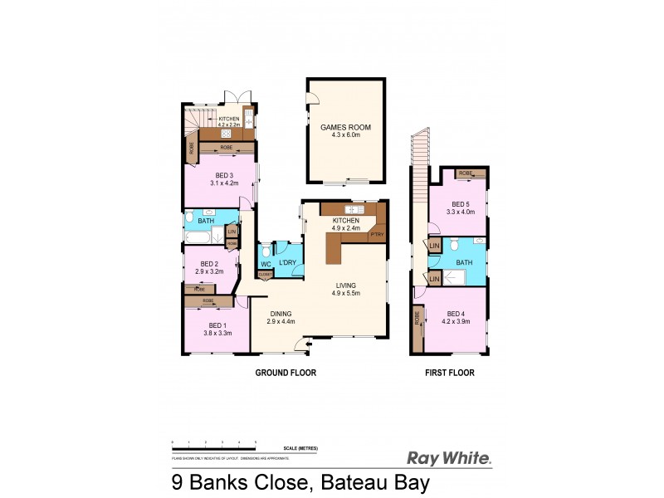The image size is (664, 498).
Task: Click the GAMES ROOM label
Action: [x=344, y=127]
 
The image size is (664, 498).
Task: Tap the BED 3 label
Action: [x=218, y=175]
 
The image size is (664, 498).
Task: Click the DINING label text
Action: [x=280, y=313]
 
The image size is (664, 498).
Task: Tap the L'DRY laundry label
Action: [x=287, y=263]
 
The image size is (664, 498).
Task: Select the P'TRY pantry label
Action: [x=376, y=236]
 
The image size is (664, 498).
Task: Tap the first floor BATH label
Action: [x=463, y=261]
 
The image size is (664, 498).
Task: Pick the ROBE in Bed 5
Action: [x=466, y=173]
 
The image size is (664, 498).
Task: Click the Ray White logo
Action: [x=449, y=456]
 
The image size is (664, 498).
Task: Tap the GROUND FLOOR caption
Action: [x=285, y=373]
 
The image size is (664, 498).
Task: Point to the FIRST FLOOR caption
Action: [x=449, y=373]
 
